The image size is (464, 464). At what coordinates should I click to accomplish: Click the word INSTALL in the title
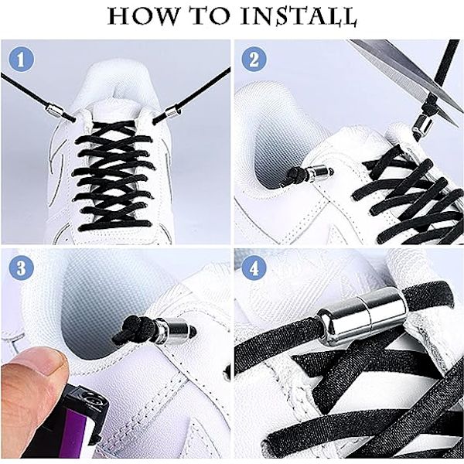[x=299, y=16]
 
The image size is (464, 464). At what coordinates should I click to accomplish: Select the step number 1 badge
[x=21, y=60]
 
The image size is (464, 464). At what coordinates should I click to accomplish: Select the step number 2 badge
[x=254, y=60]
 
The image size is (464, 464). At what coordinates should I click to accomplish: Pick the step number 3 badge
[x=21, y=268]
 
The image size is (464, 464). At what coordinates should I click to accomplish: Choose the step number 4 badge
[x=254, y=268]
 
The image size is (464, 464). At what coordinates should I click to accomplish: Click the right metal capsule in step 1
[x=172, y=111]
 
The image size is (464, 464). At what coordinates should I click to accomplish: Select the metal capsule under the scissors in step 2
[x=422, y=125]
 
